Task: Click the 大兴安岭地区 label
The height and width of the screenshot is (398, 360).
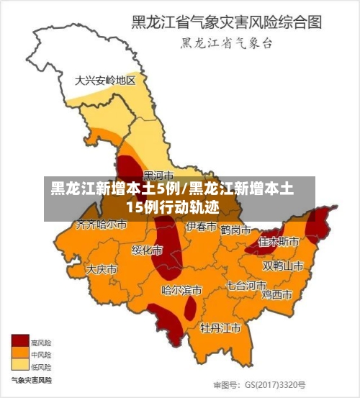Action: point(105,81)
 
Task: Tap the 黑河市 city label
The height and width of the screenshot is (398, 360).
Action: point(158,175)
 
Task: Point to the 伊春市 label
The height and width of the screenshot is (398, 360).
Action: point(201,227)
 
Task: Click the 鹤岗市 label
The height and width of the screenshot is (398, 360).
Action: point(235,230)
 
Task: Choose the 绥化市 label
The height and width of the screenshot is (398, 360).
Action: point(147,250)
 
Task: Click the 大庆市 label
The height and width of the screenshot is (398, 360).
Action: point(102,269)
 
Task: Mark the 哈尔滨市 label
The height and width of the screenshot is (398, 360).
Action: point(181,290)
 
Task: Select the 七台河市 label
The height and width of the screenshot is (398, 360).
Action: point(246,285)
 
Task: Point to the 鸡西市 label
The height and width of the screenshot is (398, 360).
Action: point(276,294)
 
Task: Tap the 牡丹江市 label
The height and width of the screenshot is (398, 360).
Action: point(220,328)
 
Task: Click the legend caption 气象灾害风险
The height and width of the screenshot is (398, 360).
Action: point(31,379)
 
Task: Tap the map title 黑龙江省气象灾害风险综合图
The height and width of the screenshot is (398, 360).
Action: point(226,22)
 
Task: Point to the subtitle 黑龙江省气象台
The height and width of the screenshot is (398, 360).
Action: point(226,43)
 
